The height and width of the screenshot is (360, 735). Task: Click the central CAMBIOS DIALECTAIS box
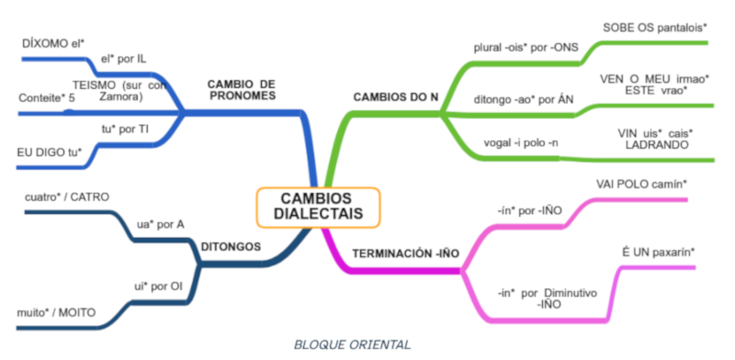pyautogui.click(x=317, y=207)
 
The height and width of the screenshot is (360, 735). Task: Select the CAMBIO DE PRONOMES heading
pyautogui.click(x=242, y=89)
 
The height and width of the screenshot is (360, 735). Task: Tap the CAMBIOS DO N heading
pyautogui.click(x=395, y=96)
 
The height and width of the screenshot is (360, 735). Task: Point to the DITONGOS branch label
pyautogui.click(x=231, y=246)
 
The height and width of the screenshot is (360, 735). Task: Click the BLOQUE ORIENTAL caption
pyautogui.click(x=353, y=344)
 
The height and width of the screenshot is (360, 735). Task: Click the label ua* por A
pyautogui.click(x=160, y=223)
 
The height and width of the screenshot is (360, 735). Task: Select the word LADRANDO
pyautogui.click(x=655, y=145)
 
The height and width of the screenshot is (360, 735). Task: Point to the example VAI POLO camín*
pyautogui.click(x=641, y=184)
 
